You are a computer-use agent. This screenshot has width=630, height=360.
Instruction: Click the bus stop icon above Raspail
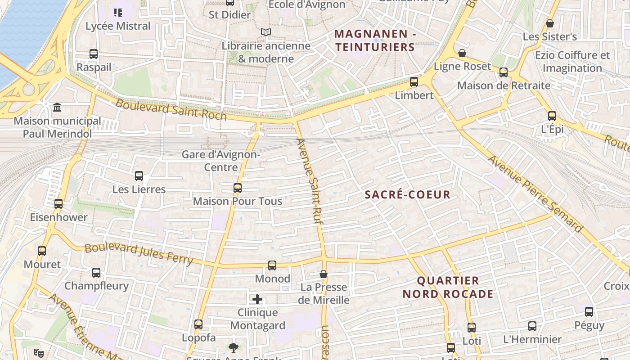click(x=94, y=54)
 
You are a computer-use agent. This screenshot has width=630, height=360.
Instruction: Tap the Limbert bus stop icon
click(x=414, y=82)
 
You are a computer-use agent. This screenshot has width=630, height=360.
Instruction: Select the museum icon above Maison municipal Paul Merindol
click(x=57, y=108)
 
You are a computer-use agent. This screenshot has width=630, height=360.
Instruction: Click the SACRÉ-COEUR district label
click(x=407, y=194)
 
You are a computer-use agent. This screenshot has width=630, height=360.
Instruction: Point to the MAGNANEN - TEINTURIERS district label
click(x=375, y=40)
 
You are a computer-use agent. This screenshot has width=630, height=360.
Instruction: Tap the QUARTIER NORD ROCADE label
click(x=448, y=288)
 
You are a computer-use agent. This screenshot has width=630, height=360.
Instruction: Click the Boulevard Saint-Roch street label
click(x=171, y=109)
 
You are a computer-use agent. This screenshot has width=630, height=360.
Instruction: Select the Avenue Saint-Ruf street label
click(x=310, y=181)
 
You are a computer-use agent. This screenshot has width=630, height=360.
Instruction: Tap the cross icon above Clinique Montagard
click(x=257, y=299)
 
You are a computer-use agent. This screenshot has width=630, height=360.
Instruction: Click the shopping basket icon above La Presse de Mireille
click(x=324, y=274)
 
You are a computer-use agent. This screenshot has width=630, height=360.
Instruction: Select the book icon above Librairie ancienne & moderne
click(x=266, y=32)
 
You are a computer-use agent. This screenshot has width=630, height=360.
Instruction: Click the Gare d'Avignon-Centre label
click(x=221, y=161)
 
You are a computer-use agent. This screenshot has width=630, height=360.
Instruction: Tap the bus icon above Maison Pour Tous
click(x=238, y=188)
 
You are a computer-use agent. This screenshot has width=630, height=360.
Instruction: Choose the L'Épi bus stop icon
click(x=552, y=116)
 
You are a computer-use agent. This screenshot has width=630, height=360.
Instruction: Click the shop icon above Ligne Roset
click(x=462, y=54)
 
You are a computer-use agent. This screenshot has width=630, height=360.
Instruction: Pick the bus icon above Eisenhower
click(x=58, y=204)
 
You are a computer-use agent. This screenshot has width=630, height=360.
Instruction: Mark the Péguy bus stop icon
click(x=589, y=311)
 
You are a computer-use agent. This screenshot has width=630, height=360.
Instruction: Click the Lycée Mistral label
click(x=118, y=26)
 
